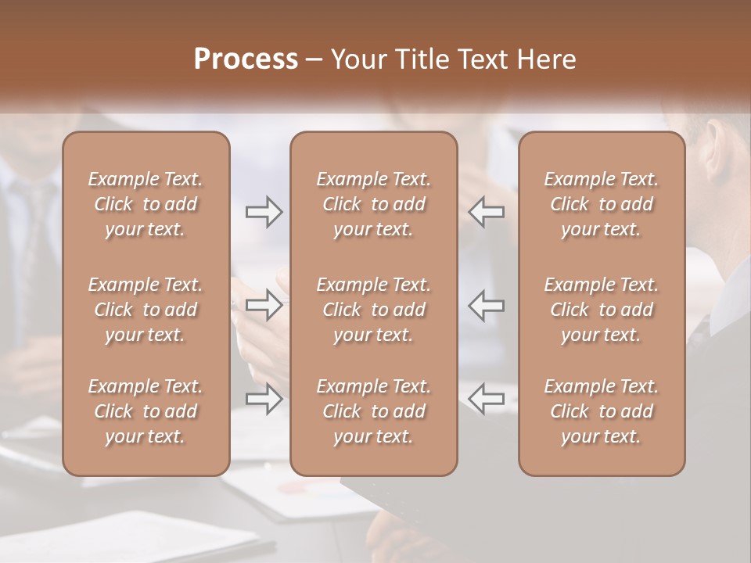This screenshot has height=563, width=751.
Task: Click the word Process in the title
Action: click(x=246, y=59)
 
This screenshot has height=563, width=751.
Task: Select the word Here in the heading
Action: click(x=547, y=59)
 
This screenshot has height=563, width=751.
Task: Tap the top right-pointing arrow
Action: click(x=264, y=212)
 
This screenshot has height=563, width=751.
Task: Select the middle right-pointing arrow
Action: click(x=264, y=305)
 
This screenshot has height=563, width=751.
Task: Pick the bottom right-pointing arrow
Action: click(x=264, y=399)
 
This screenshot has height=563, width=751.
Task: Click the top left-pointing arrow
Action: click(x=486, y=212)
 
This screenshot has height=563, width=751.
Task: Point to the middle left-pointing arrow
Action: click(x=486, y=305)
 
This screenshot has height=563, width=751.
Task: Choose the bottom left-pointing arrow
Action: click(x=486, y=399)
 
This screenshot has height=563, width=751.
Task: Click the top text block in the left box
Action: click(x=146, y=204)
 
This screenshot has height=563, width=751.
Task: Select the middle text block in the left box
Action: click(x=146, y=310)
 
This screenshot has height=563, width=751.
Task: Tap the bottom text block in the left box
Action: click(x=146, y=411)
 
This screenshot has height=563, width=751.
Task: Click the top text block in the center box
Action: click(x=374, y=204)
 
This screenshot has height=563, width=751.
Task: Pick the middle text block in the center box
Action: click(x=374, y=310)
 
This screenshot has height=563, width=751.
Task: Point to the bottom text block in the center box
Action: click(x=374, y=411)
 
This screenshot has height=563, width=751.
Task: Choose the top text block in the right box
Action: click(x=602, y=204)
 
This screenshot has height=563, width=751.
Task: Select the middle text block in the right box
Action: click(x=602, y=310)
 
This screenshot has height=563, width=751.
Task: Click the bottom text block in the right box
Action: click(x=602, y=411)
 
